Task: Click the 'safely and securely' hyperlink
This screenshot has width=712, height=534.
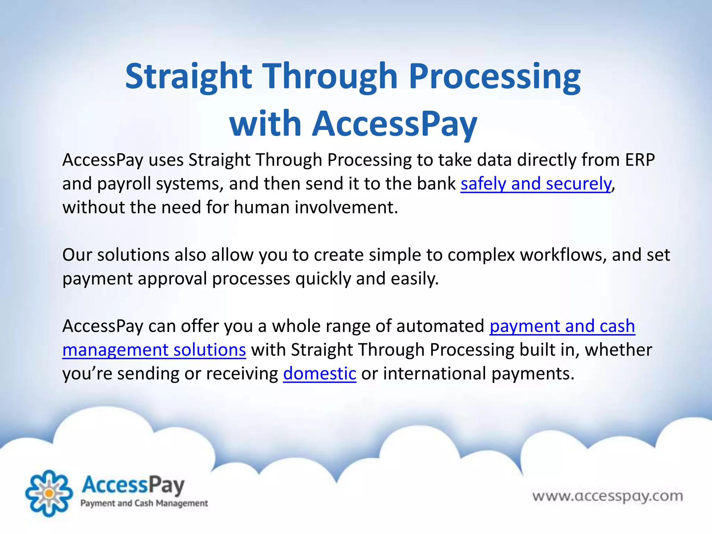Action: pos(535,184)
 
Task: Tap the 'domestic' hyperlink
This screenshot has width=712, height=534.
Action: pos(319,374)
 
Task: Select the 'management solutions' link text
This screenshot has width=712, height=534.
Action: pos(154,350)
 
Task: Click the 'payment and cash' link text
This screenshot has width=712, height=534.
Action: pos(562,326)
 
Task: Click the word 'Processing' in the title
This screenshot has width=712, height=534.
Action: pos(494,77)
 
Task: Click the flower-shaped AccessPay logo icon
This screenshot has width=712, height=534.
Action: pos(49,493)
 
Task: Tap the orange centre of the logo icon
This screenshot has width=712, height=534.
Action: pos(49,493)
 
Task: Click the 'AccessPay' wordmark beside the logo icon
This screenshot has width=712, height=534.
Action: pos(133,486)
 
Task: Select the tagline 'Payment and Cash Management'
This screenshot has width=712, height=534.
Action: pos(144,503)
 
